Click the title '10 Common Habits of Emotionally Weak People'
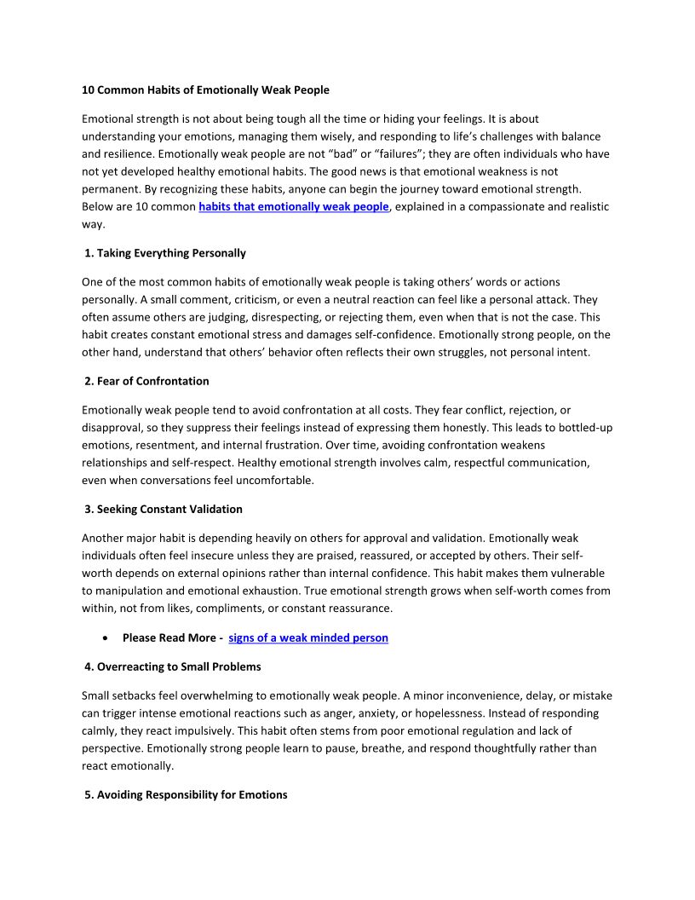(205, 90)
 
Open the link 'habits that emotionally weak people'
(294, 207)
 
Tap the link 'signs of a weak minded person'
(308, 637)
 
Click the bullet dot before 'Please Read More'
(103, 637)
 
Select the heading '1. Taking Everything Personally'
(165, 253)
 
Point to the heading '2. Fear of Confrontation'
(146, 381)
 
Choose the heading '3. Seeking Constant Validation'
(164, 509)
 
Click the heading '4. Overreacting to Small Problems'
(173, 666)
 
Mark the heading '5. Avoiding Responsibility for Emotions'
(186, 794)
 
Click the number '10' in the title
(88, 90)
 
